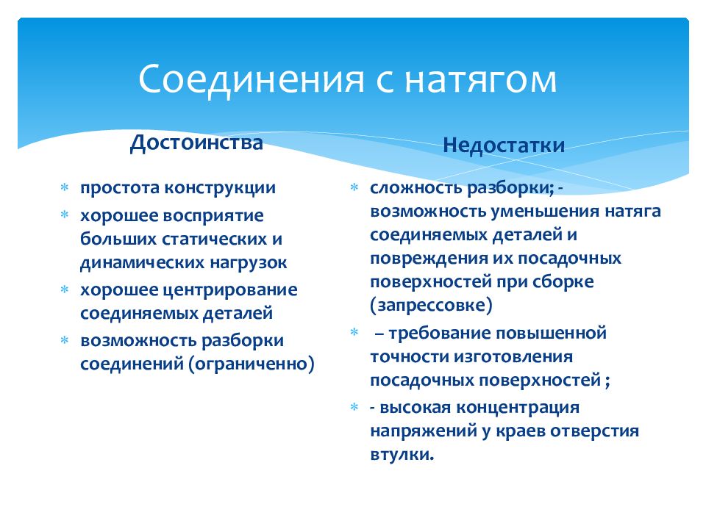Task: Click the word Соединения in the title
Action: point(252,79)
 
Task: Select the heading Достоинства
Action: point(196,143)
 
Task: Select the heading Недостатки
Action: point(504,145)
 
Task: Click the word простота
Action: point(119,188)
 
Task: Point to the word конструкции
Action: point(219,188)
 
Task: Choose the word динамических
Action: point(142,263)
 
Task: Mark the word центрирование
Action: point(229,291)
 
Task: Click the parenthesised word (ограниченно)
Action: point(252,364)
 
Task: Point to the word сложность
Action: point(415,187)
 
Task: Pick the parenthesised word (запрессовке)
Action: point(431,306)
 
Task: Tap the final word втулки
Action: point(402,455)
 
